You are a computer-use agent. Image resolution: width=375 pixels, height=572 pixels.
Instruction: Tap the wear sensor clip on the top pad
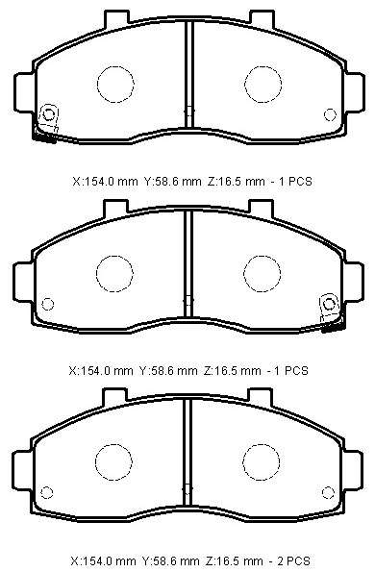(x=47, y=122)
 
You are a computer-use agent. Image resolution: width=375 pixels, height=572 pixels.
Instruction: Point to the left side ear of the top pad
(x=25, y=92)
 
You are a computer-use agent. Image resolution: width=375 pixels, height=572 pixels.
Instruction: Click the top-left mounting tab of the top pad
(x=116, y=19)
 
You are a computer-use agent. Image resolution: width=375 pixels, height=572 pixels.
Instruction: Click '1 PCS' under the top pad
(x=295, y=182)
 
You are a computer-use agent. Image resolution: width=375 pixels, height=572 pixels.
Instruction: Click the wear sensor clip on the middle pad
(x=331, y=311)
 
